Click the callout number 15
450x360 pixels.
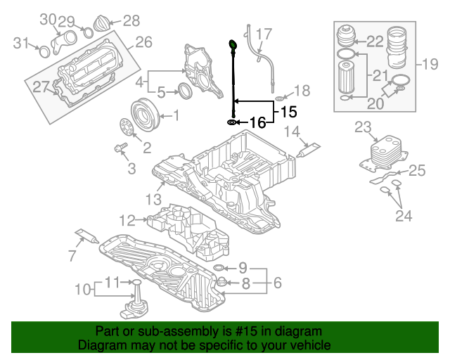click(x=289, y=112)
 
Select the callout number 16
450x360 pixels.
click(x=258, y=122)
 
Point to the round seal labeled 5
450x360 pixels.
click(x=186, y=91)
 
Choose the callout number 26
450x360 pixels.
click(x=143, y=43)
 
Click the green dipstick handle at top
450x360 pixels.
click(x=232, y=46)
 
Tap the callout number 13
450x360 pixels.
click(x=154, y=200)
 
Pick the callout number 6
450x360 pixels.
click(x=277, y=283)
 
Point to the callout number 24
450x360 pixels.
click(x=403, y=217)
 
